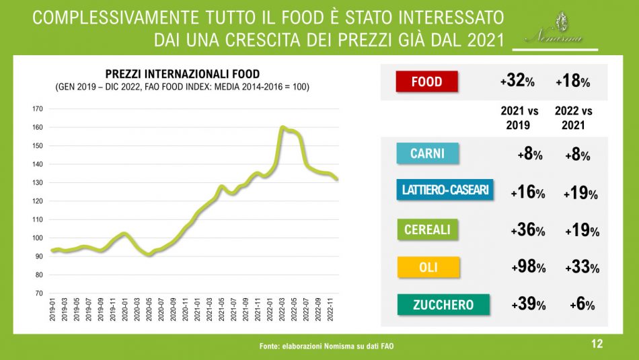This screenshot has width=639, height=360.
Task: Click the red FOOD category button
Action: click(x=426, y=82)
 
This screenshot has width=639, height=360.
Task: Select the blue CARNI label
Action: click(x=427, y=153)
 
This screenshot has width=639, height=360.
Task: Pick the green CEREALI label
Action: click(x=427, y=230)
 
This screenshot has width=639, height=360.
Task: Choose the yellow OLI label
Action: click(x=428, y=267)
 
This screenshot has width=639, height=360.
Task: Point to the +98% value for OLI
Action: click(x=527, y=267)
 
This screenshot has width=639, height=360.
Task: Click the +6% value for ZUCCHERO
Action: click(x=581, y=305)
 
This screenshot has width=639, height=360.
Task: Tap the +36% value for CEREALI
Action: click(x=527, y=230)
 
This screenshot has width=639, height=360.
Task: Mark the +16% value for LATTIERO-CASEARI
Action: click(x=527, y=193)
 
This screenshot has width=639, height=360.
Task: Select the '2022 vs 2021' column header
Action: click(x=574, y=118)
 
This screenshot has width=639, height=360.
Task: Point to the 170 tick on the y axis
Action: click(x=38, y=108)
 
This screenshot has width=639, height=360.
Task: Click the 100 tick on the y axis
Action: click(x=38, y=238)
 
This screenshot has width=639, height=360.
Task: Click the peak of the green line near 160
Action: click(x=283, y=127)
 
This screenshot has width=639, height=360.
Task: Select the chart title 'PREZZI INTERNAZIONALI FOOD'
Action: click(x=182, y=74)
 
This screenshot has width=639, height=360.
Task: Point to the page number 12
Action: click(x=596, y=344)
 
